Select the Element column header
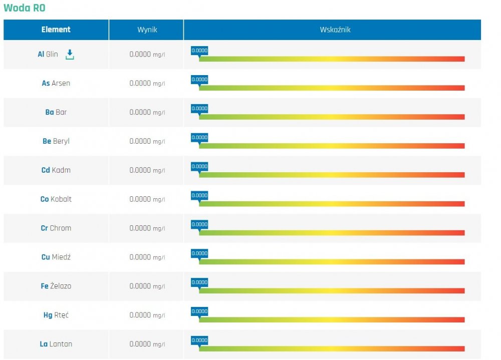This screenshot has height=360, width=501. pos(56,30)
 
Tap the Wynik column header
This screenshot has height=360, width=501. pos(147,30)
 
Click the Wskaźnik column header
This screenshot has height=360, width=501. pos(335,30)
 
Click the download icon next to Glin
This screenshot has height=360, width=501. pos(70,55)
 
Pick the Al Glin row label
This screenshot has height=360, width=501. pos(48,54)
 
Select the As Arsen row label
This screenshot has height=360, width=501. pos(56,83)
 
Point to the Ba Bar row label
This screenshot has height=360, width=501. pos(56,112)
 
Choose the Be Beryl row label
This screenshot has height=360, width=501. pos(56,141)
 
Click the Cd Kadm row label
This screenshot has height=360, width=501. pos(56,170)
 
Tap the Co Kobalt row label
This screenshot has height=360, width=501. pos(56,199)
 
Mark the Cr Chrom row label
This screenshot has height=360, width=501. pos(56,228)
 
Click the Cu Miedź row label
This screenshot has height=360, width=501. pos(56,257)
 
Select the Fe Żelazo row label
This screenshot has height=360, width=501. pos(56,286)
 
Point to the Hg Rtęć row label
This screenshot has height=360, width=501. pos(56,315)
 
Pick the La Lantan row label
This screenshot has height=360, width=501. pos(56,344)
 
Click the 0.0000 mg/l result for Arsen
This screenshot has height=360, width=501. pos(147,83)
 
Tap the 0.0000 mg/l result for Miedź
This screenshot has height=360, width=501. pos(147,257)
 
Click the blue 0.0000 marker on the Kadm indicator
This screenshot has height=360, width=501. pos(199,167)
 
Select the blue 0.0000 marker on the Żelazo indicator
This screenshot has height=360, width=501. pos(199,283)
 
